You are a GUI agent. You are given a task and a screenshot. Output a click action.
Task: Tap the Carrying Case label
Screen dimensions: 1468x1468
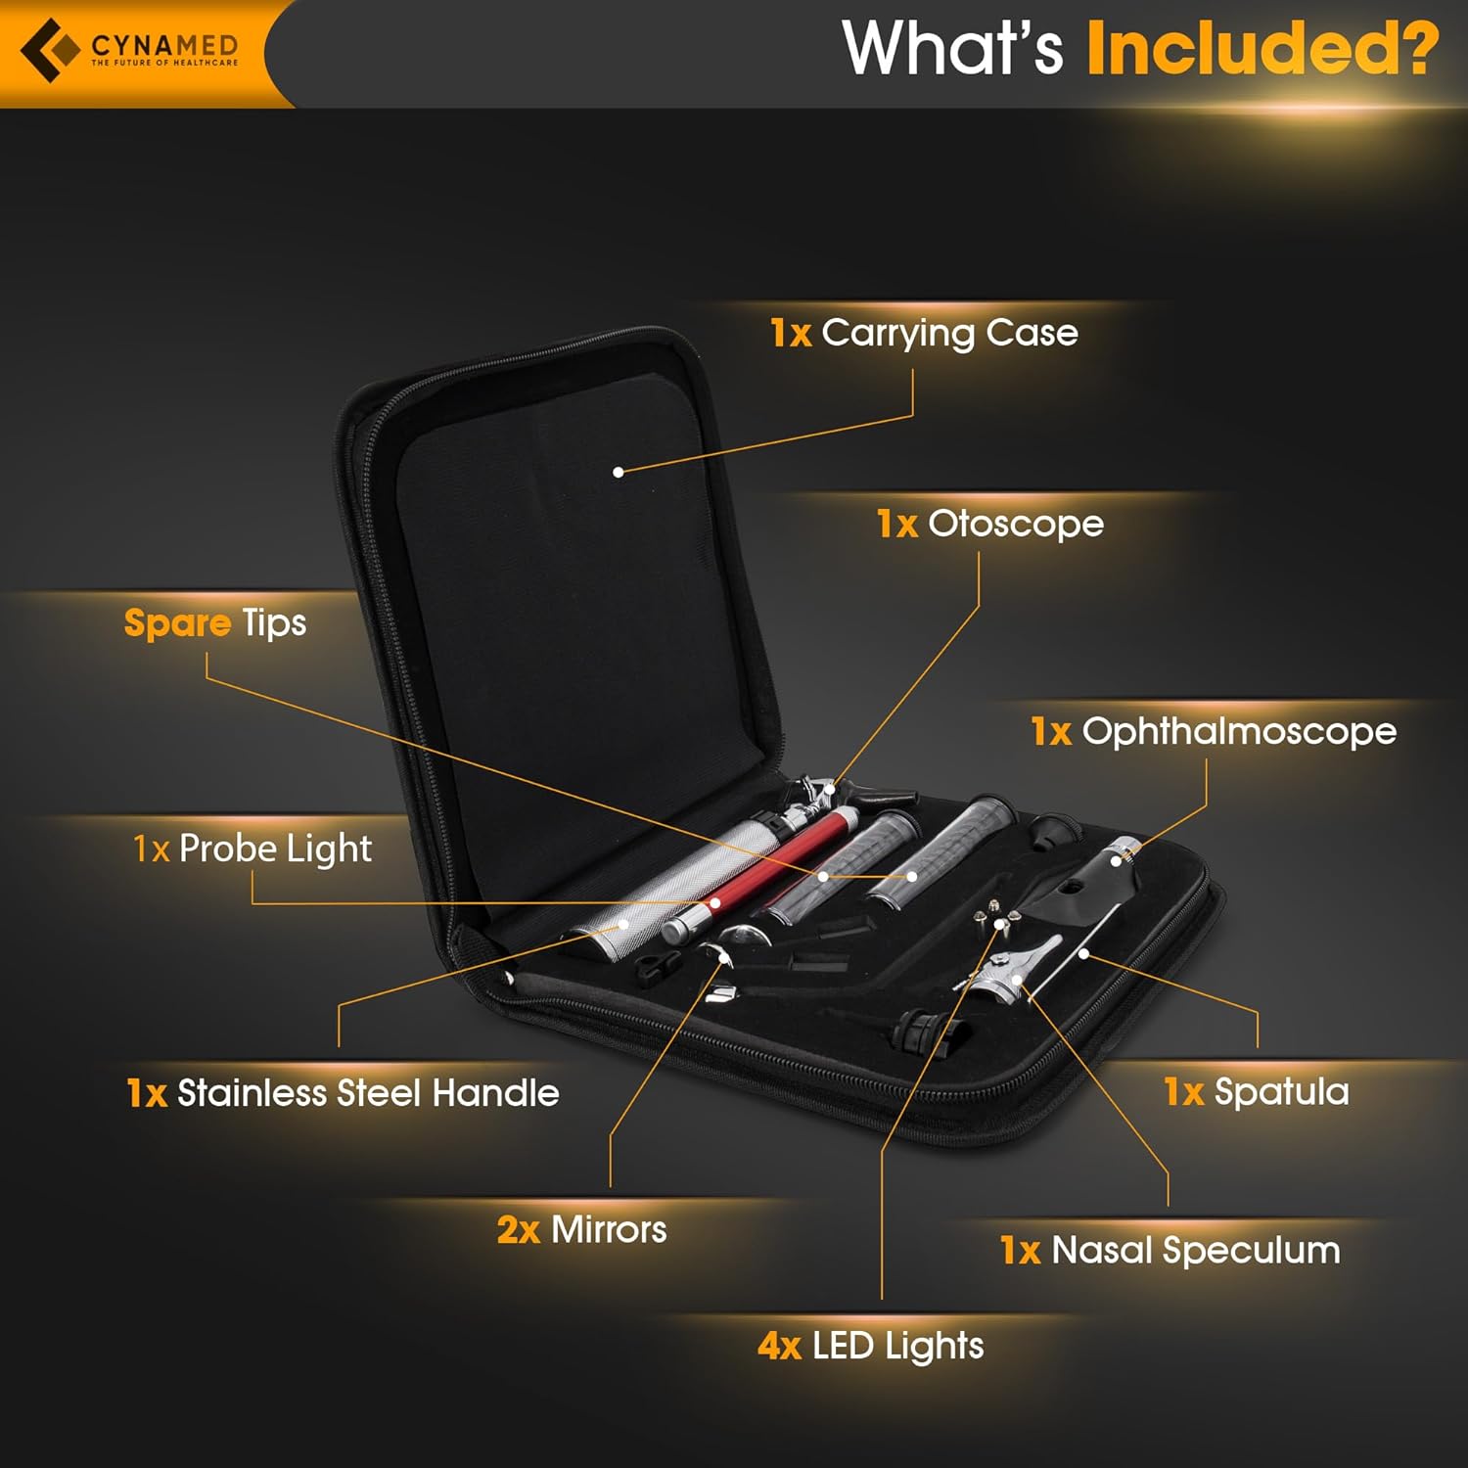pyautogui.click(x=924, y=333)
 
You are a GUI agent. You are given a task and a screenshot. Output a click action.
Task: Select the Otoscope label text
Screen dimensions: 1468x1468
pyautogui.click(x=990, y=524)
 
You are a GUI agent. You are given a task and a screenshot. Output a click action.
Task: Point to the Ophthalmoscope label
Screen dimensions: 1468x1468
pyautogui.click(x=1214, y=731)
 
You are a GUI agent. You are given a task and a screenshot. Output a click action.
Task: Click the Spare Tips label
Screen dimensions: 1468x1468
pyautogui.click(x=215, y=623)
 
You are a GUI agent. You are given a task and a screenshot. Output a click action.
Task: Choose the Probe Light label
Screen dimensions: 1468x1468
pyautogui.click(x=252, y=849)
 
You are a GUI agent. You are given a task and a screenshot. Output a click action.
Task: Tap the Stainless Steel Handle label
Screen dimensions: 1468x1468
pyautogui.click(x=343, y=1092)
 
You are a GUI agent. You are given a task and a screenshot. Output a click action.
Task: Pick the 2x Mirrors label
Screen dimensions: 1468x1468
pyautogui.click(x=581, y=1229)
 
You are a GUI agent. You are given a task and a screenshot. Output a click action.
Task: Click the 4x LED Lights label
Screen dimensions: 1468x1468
pyautogui.click(x=870, y=1346)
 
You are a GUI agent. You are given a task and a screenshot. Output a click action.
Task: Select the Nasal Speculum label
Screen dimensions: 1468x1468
pyautogui.click(x=1170, y=1250)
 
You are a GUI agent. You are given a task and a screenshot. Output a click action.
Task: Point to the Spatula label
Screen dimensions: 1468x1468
pyautogui.click(x=1257, y=1091)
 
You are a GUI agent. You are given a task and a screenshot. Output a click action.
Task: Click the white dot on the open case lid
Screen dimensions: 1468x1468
pyautogui.click(x=619, y=472)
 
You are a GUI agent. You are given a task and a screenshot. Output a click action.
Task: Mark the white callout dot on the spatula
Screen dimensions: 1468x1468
pyautogui.click(x=1084, y=953)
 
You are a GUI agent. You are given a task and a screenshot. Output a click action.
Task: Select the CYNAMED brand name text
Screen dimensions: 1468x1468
pyautogui.click(x=164, y=45)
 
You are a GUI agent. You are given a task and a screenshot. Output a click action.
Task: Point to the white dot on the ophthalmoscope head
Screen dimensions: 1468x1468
pyautogui.click(x=1116, y=860)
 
